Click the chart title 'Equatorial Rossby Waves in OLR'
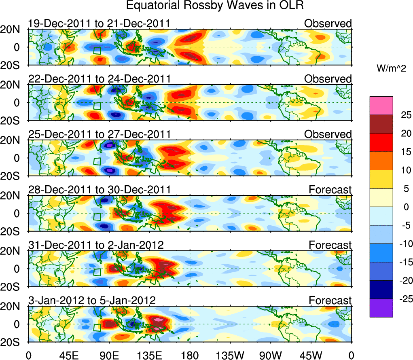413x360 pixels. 214,6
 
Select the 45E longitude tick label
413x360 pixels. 68,356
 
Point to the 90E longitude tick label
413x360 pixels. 108,356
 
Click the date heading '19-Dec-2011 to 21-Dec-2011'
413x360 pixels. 99,24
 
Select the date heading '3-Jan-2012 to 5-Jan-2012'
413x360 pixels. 92,301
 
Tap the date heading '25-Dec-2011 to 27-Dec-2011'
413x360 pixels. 99,134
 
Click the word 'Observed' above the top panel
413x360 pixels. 328,24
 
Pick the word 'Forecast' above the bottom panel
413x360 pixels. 330,301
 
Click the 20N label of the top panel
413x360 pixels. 14,30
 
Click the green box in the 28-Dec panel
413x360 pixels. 97,216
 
